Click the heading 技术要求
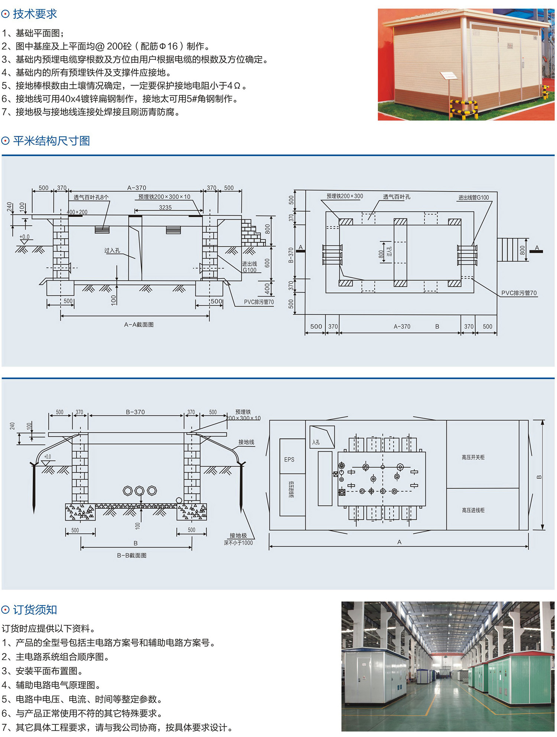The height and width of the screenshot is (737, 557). [35, 14]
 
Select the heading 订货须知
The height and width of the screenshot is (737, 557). [35, 610]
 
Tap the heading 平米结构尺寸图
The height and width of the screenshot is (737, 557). [51, 141]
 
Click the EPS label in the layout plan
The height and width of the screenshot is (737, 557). [289, 460]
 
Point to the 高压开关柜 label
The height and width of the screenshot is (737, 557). [473, 457]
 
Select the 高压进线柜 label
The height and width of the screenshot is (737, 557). [473, 510]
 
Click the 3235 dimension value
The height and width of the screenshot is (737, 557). [165, 208]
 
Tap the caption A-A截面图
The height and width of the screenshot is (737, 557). [139, 325]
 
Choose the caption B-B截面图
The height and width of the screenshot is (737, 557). [131, 555]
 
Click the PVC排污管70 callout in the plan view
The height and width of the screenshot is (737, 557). [519, 293]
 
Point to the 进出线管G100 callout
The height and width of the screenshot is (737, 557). [473, 198]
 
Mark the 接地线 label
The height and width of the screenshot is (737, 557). [246, 442]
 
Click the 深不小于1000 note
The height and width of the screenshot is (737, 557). [238, 543]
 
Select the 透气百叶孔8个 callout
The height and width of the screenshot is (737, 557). [91, 197]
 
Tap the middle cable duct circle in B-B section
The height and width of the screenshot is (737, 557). [140, 491]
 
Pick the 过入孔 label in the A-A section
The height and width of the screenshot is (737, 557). [112, 250]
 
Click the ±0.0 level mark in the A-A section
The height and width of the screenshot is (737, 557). [25, 237]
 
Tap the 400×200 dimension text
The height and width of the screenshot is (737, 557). [77, 212]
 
